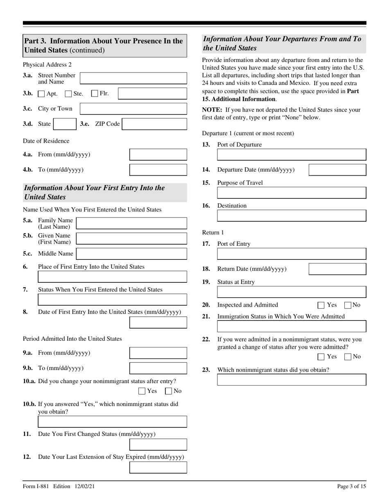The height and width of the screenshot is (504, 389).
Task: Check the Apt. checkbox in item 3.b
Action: [x=41, y=94]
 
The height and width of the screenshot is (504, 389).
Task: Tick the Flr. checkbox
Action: [x=95, y=93]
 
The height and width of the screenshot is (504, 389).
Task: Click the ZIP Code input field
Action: [x=154, y=124]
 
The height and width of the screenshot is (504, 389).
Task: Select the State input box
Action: [x=64, y=124]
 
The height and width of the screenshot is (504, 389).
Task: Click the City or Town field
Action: [x=133, y=109]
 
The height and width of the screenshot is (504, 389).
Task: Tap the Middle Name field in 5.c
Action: [x=131, y=254]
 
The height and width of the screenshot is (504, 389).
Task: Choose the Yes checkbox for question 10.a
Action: [x=142, y=391]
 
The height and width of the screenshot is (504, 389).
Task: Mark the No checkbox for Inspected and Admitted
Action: [x=348, y=305]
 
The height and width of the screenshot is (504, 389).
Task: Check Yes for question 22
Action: [x=321, y=356]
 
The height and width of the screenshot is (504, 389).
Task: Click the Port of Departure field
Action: [x=291, y=154]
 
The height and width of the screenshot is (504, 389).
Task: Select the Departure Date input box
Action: [x=337, y=170]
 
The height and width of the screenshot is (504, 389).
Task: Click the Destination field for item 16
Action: [x=291, y=216]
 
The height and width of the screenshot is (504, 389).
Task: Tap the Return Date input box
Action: [x=337, y=269]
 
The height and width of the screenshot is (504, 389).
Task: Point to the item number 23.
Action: [x=206, y=370]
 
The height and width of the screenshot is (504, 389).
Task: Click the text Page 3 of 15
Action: [x=351, y=486]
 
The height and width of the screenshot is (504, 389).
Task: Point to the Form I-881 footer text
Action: [x=59, y=486]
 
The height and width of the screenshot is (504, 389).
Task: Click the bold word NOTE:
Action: [x=212, y=110]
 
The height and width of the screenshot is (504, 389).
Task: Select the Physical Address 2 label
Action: [x=47, y=65]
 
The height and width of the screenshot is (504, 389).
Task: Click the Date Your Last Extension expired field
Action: [x=158, y=468]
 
